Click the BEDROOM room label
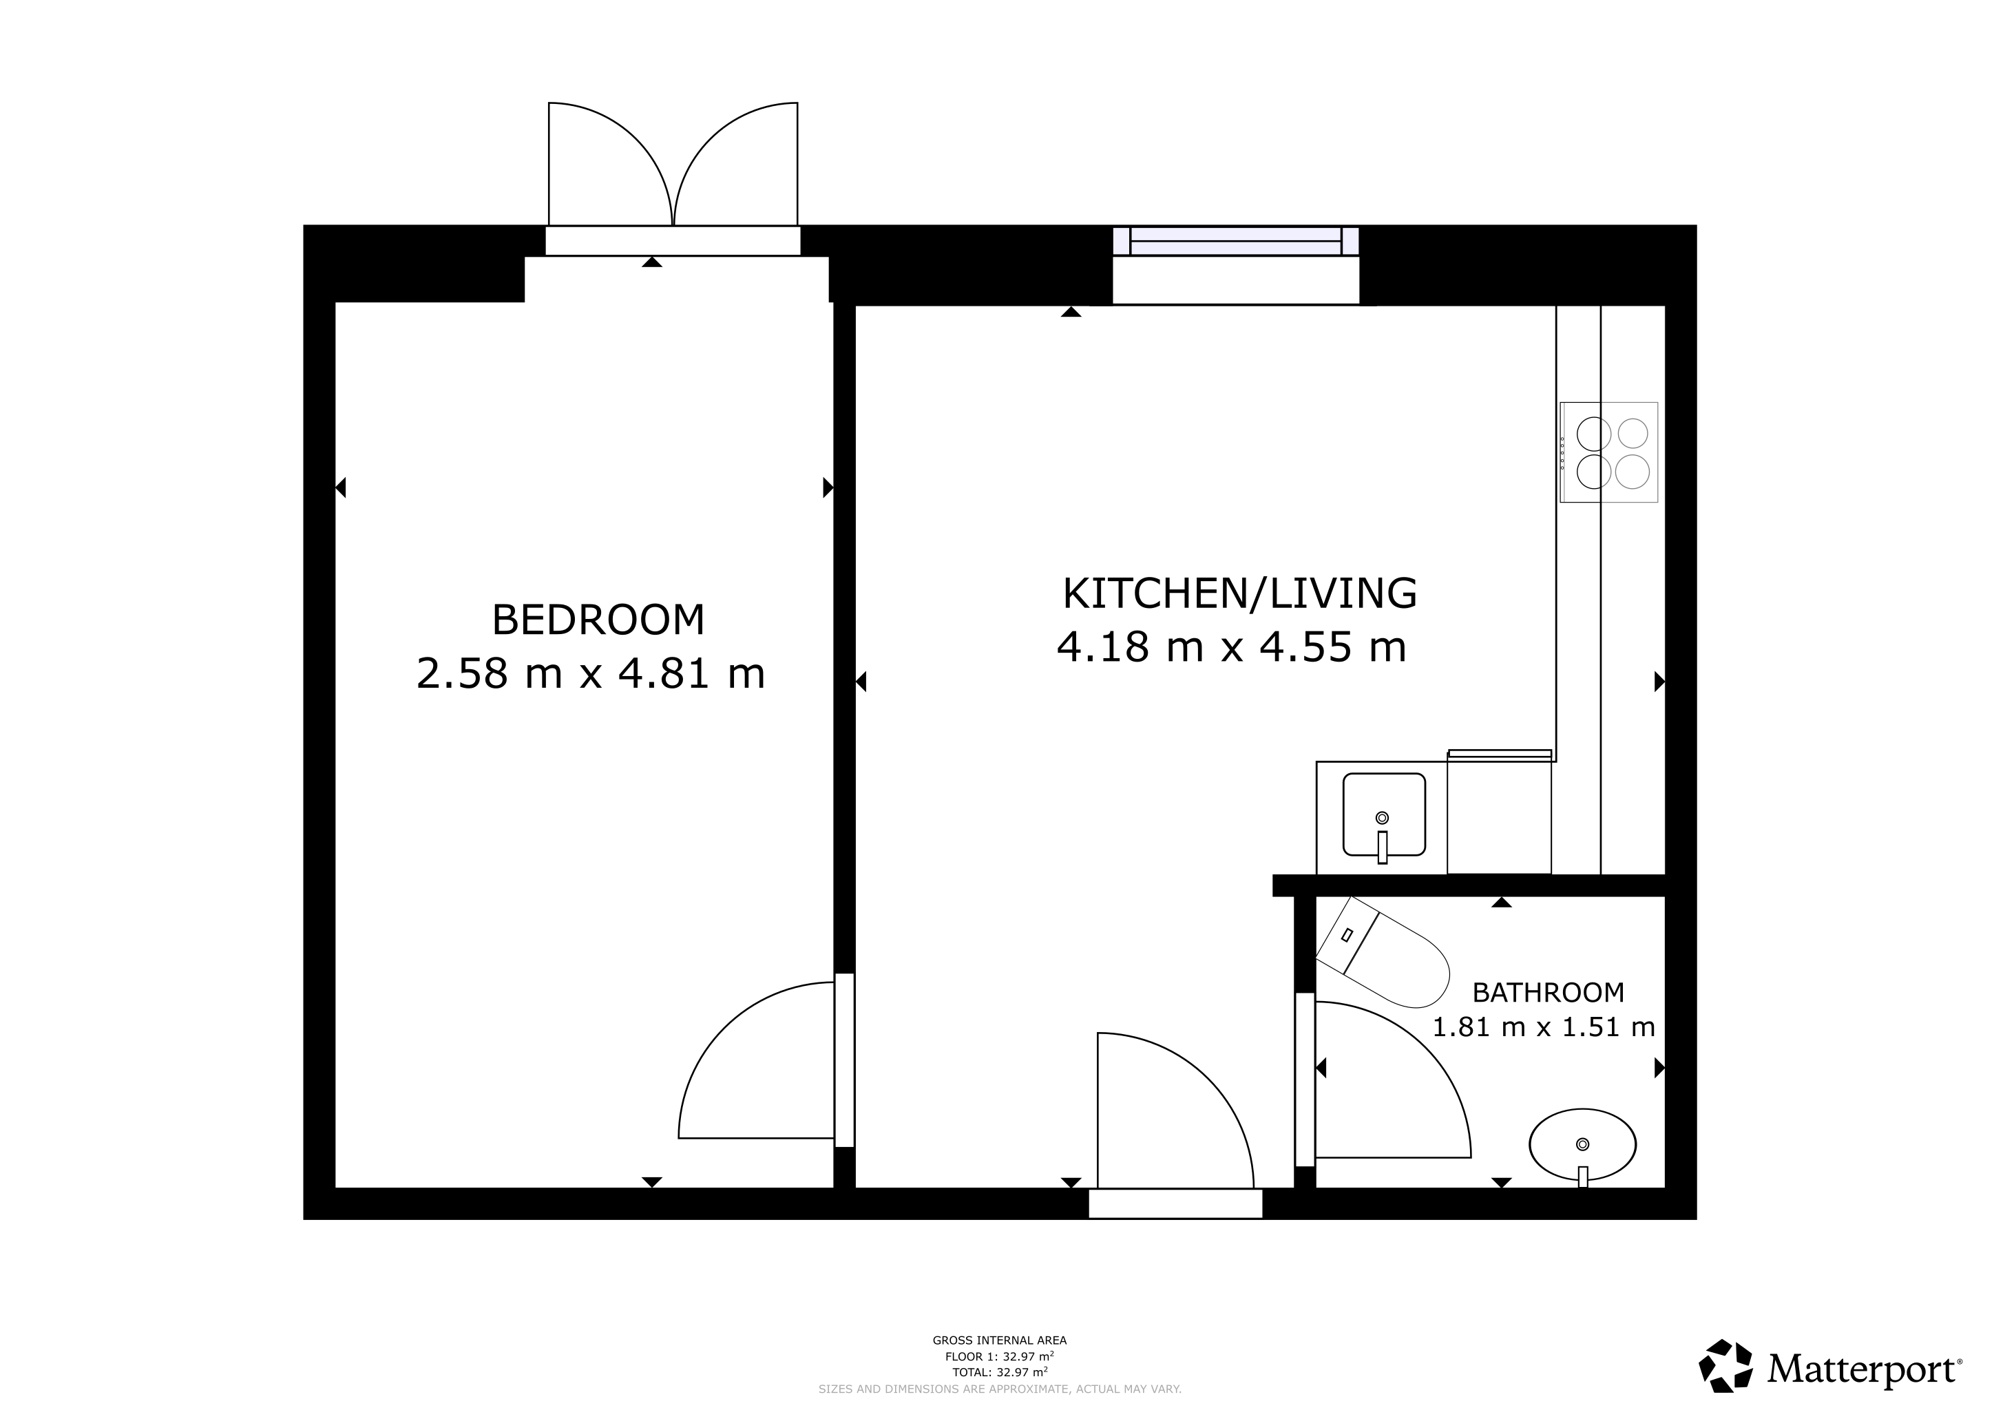pyautogui.click(x=598, y=620)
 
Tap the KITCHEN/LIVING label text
pyautogui.click(x=1240, y=593)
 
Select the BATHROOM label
pyautogui.click(x=1549, y=991)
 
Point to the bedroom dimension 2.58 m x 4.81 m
pyautogui.click(x=591, y=674)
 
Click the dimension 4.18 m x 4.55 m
pyautogui.click(x=1232, y=647)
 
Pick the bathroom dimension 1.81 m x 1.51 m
pyautogui.click(x=1543, y=1027)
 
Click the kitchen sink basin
pyautogui.click(x=1385, y=814)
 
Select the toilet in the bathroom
pyautogui.click(x=1383, y=952)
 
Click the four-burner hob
pyautogui.click(x=1608, y=452)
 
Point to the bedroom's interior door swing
pyautogui.click(x=755, y=1060)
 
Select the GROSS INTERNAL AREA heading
pyautogui.click(x=1000, y=1340)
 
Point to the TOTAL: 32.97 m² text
pyautogui.click(x=1000, y=1372)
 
